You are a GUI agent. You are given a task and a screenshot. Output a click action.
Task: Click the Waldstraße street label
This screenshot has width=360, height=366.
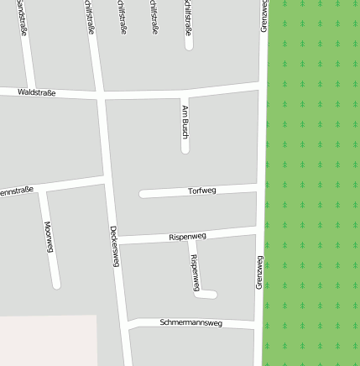(35, 92)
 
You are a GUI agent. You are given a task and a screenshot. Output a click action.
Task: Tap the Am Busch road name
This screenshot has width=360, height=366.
(185, 123)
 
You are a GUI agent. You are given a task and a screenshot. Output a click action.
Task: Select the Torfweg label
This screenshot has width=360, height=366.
(201, 191)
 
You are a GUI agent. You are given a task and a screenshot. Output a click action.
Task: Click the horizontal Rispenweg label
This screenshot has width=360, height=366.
(187, 236)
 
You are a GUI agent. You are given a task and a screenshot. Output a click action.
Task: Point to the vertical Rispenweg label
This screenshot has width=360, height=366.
(195, 273)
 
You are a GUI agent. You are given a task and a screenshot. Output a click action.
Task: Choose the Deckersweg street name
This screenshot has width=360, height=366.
(114, 246)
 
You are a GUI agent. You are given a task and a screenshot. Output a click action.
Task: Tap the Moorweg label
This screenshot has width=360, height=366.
(49, 237)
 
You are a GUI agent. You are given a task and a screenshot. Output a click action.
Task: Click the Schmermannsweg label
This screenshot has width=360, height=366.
(190, 322)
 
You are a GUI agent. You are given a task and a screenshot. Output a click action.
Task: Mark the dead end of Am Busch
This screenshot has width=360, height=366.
(185, 150)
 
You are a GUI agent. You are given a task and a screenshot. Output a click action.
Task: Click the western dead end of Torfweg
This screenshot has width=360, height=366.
(143, 194)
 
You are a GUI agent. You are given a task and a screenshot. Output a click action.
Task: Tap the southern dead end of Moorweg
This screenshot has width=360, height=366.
(56, 285)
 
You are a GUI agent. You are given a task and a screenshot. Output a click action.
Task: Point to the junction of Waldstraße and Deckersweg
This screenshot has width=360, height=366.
(100, 96)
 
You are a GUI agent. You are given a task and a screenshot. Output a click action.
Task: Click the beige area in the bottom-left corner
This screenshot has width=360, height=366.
(46, 340)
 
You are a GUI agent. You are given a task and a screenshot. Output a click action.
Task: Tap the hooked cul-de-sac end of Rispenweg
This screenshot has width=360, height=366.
(213, 295)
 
